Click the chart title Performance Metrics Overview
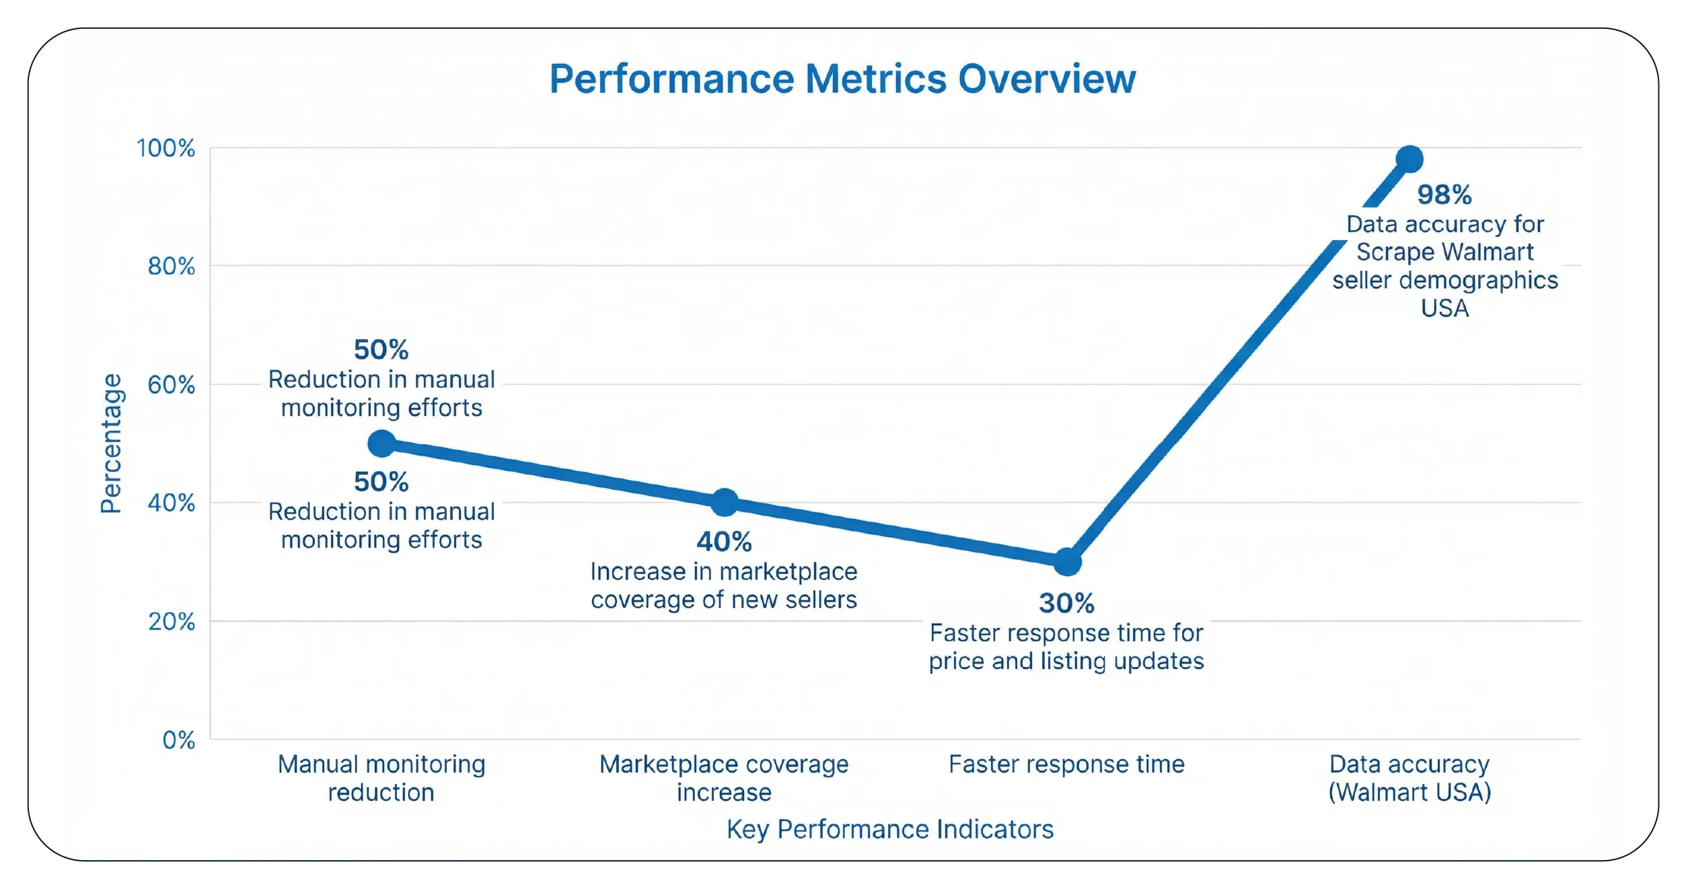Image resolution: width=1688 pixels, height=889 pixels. point(842,79)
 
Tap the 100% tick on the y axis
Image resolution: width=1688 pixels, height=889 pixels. point(166,148)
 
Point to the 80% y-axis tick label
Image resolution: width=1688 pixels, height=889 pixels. point(171,266)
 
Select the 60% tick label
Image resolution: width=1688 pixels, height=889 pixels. point(171,385)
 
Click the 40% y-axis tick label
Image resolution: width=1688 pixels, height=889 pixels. point(171,503)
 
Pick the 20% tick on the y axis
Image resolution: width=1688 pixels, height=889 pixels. point(171,621)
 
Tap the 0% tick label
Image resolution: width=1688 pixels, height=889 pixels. point(178,740)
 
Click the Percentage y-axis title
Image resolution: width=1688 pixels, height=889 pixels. point(111,443)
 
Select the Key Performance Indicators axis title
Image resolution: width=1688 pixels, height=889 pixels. point(889,829)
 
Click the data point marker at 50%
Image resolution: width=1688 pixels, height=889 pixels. point(381,443)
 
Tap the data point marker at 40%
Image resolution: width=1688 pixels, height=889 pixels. point(725,502)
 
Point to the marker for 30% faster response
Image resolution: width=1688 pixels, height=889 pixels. point(1067,561)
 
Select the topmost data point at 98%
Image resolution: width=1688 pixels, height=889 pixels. point(1409,159)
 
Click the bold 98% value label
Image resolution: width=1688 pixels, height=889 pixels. point(1444,195)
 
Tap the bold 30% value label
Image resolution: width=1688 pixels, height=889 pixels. point(1066,604)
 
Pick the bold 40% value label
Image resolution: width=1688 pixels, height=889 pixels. point(724,542)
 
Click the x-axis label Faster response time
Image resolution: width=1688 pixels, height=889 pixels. point(1066,764)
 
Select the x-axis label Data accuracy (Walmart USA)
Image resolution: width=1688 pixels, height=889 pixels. point(1409,779)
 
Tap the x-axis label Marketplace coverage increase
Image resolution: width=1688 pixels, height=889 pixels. point(724,779)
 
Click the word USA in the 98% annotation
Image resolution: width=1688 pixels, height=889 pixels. point(1444,309)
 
